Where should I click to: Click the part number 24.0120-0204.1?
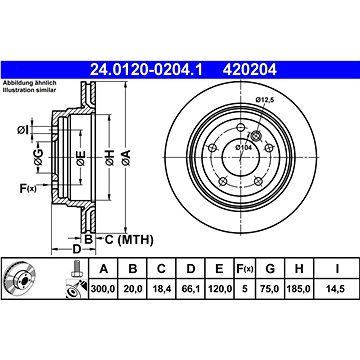point(146,70)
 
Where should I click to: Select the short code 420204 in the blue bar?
point(250,70)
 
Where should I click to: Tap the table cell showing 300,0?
point(103,288)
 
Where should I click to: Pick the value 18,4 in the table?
point(161,288)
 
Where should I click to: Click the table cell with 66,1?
point(190,288)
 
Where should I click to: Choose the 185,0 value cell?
point(299,288)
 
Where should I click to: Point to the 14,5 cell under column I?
point(337,288)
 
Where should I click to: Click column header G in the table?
point(270,268)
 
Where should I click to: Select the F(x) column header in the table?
point(245,268)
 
